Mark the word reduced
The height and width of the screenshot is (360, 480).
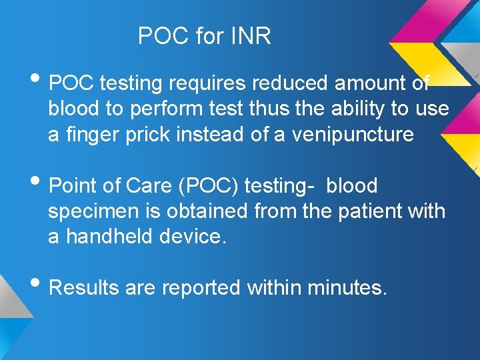point(290,83)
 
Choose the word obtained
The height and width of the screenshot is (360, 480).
point(203,211)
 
